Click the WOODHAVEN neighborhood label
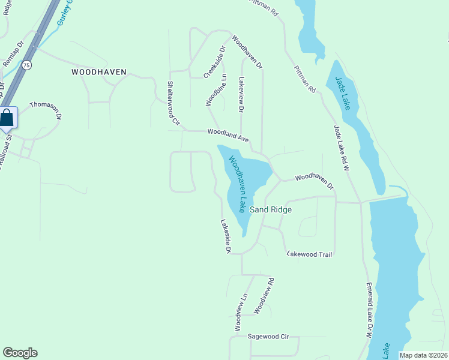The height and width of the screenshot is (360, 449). click(x=99, y=72)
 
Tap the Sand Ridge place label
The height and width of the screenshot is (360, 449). click(x=271, y=209)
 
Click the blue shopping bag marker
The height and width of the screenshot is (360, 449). click(x=7, y=118)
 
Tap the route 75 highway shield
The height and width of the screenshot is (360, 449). click(x=26, y=65)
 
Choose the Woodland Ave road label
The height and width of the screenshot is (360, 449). click(x=228, y=135)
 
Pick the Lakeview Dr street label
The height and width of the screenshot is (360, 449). click(x=242, y=94)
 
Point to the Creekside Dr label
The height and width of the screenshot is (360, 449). click(x=214, y=62)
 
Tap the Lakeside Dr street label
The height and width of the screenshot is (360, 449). click(x=226, y=236)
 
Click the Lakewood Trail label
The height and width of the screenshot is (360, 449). click(x=310, y=254)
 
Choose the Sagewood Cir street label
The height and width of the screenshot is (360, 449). click(x=268, y=337)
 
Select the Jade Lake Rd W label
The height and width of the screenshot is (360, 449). click(x=342, y=148)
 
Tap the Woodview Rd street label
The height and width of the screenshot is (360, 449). click(x=264, y=295)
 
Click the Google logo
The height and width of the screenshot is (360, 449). click(x=20, y=353)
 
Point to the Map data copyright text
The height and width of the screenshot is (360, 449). click(x=423, y=355)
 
